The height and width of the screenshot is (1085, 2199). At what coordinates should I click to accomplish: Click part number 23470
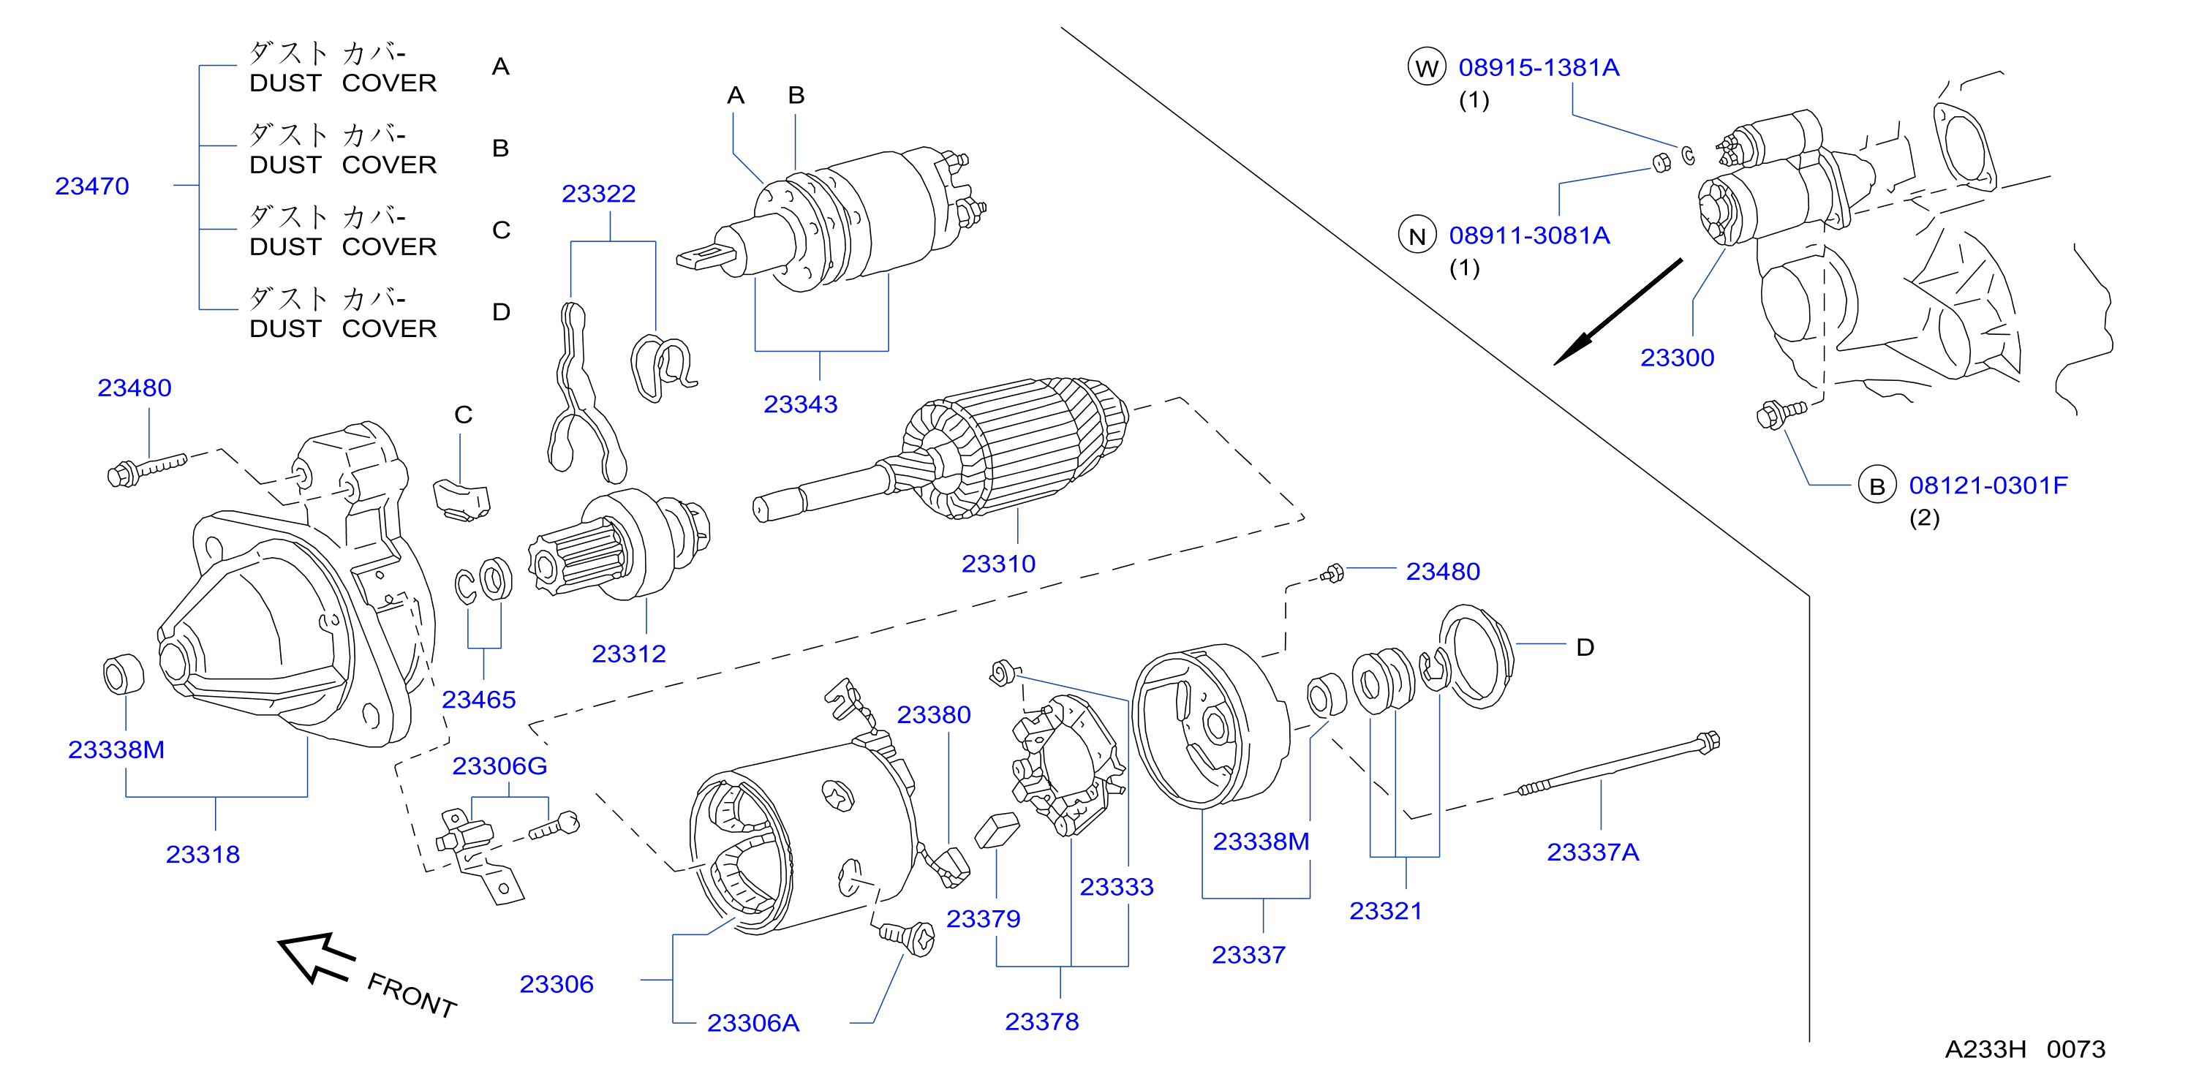92,186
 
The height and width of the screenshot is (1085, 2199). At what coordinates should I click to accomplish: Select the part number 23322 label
598,194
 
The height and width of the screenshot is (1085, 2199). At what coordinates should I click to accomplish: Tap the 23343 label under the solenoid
800,404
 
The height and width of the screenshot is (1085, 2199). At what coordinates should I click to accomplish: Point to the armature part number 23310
998,564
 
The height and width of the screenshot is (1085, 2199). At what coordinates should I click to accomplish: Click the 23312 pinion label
628,653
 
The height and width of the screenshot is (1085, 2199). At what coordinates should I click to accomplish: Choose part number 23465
478,699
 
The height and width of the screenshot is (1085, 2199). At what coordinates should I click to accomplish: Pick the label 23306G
499,765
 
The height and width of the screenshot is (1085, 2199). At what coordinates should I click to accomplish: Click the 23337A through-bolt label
1593,852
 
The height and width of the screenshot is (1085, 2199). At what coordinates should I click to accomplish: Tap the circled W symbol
1427,67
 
